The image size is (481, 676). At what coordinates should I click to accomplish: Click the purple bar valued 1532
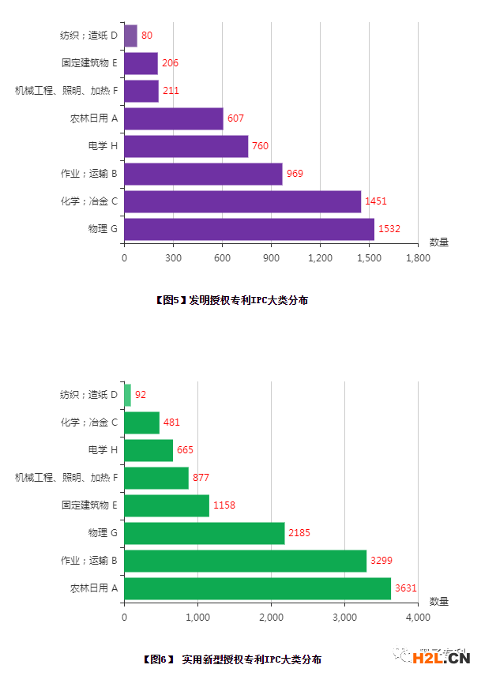click(249, 229)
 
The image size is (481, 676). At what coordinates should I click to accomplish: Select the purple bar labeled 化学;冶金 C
click(242, 201)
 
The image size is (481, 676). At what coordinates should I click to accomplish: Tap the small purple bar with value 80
click(130, 36)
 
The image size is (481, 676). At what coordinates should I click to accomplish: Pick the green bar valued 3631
click(257, 588)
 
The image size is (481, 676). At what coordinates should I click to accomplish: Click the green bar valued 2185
click(205, 533)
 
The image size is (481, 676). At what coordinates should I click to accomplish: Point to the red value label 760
click(260, 146)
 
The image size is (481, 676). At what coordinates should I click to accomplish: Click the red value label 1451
click(376, 201)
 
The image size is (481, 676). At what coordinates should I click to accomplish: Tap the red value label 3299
click(381, 561)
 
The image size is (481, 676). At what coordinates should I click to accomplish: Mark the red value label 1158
click(224, 505)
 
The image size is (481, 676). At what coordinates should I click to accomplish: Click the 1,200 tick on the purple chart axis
click(320, 258)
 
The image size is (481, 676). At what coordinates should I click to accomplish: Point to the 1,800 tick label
click(418, 258)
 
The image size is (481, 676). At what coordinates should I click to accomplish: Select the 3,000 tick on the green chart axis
click(344, 618)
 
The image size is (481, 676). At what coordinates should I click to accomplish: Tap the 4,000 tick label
click(418, 618)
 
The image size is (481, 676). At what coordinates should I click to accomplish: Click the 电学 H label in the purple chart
click(103, 146)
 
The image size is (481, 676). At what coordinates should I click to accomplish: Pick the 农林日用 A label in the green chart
click(93, 588)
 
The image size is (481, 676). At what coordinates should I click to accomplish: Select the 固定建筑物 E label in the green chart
click(89, 505)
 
